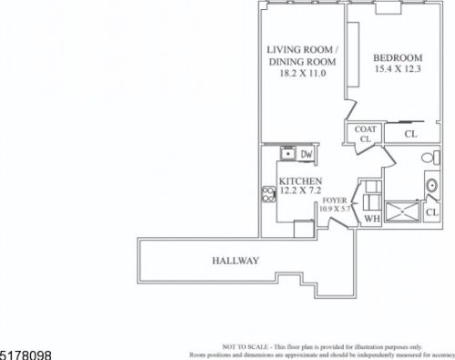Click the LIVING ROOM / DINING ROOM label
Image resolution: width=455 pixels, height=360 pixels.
(x=301, y=55)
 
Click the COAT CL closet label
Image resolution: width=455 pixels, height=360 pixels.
(x=364, y=134)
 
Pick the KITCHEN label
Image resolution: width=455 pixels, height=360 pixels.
(x=300, y=181)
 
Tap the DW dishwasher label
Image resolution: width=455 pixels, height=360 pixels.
(x=307, y=153)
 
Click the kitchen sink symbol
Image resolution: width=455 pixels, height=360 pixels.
(x=289, y=153)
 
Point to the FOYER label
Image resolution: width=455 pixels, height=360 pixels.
(x=336, y=199)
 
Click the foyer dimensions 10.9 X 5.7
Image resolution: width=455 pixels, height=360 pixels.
(x=336, y=209)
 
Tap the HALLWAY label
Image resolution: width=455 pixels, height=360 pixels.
(x=236, y=262)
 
